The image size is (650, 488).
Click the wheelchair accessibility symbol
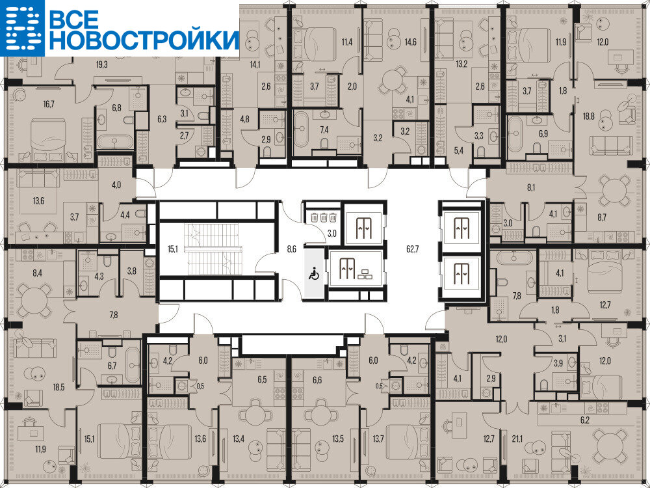click(314, 273)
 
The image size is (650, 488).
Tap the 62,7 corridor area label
click(413, 249)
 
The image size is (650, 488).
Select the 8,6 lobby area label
click(291, 249)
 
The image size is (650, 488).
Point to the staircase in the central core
click(213, 249)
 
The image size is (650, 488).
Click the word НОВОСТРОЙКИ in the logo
click(144, 40)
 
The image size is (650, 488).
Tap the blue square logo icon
click(22, 28)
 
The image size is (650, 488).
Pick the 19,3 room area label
click(102, 64)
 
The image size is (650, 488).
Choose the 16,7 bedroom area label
click(49, 104)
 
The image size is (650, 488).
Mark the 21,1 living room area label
click(517, 438)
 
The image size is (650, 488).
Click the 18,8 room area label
click(589, 116)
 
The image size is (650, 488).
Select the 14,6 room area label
click(410, 42)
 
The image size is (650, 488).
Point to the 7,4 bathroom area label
click(324, 130)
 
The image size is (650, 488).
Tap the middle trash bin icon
click(323, 217)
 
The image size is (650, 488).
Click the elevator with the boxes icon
click(356, 268)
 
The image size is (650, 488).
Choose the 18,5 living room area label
click(59, 387)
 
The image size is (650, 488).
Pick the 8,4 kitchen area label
click(37, 273)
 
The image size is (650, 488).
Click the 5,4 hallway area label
click(458, 150)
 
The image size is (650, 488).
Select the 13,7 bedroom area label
click(378, 438)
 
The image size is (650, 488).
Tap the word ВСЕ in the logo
click(74, 19)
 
